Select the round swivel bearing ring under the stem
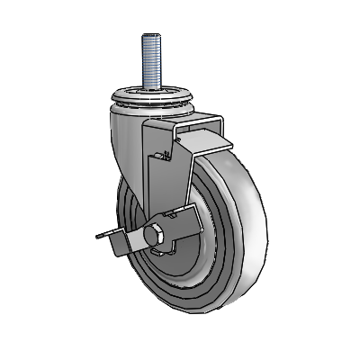pyautogui.click(x=149, y=96)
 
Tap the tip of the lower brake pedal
pyautogui.click(x=97, y=237)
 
